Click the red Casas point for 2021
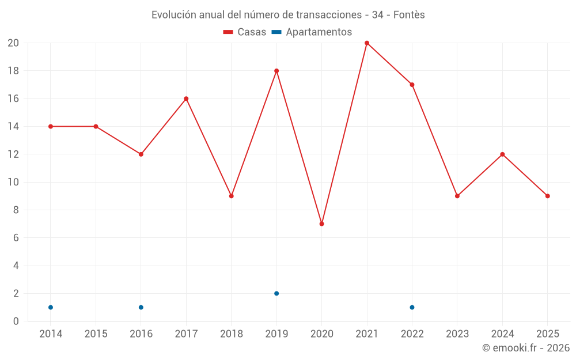367,43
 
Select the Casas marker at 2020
321,223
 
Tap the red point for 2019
276,71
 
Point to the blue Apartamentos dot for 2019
276,293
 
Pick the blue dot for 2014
51,307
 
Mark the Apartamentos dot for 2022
412,307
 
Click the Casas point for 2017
186,98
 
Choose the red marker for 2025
548,196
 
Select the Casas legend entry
245,32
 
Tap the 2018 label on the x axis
231,334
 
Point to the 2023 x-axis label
457,334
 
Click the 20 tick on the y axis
13,43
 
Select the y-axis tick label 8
16,210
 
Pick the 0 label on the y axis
16,321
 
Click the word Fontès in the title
409,15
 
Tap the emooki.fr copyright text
526,348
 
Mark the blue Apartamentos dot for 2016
141,307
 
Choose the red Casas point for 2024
502,154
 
